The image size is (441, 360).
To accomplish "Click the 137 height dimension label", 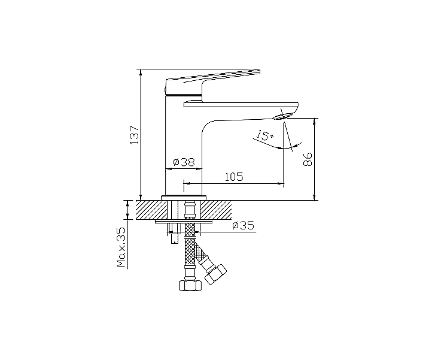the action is click(135, 134).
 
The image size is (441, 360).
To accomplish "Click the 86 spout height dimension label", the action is click(308, 159).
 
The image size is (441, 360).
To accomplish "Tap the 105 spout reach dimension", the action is click(234, 177).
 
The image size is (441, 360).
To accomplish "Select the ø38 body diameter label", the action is click(184, 162).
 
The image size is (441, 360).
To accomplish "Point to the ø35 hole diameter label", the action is click(244, 225).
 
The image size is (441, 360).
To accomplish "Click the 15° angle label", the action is click(264, 135).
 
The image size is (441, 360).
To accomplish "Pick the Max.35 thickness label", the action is click(121, 247).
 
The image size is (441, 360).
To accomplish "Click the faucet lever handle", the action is click(212, 81).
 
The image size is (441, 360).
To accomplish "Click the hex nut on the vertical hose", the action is click(190, 286).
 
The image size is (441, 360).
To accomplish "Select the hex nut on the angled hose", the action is click(215, 274).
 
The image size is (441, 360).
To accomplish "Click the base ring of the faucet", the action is click(183, 198).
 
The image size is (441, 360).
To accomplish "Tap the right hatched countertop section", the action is click(216, 210).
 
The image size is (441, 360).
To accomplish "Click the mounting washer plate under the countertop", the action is click(183, 222).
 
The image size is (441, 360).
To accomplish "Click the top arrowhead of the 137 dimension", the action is click(141, 72).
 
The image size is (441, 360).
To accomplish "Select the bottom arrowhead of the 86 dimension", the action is click(315, 197).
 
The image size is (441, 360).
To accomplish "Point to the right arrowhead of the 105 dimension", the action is click(281, 183).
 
